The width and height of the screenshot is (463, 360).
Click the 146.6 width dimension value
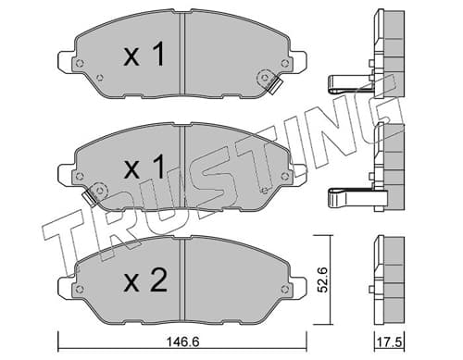pyautogui.click(x=182, y=341)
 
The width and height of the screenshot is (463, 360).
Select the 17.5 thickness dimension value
pyautogui.click(x=389, y=342)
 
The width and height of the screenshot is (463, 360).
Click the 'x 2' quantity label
pyautogui.click(x=145, y=280)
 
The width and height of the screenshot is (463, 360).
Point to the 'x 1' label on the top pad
pyautogui.click(x=144, y=55)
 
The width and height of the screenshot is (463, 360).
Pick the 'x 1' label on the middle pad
pyautogui.click(x=144, y=167)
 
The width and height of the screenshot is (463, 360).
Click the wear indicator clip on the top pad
pyautogui.click(x=274, y=85)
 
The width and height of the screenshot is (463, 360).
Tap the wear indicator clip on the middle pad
pyautogui.click(x=90, y=197)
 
